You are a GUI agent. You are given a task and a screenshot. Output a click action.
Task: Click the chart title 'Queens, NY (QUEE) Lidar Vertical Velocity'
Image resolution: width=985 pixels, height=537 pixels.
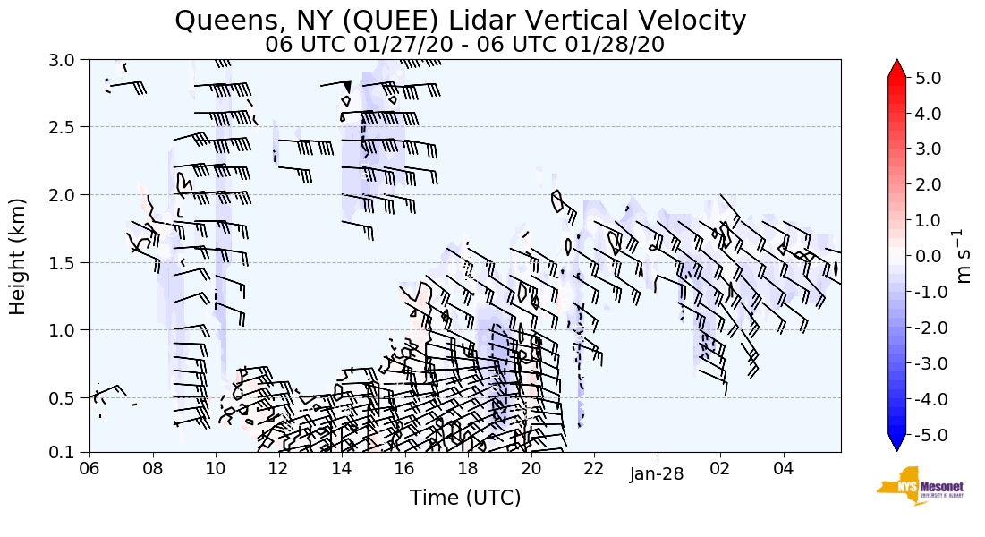pyautogui.click(x=460, y=20)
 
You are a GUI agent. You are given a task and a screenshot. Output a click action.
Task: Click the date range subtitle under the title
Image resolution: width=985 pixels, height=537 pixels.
pyautogui.click(x=464, y=44)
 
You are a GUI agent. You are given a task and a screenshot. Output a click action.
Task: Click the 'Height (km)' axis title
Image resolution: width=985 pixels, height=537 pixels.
pyautogui.click(x=19, y=256)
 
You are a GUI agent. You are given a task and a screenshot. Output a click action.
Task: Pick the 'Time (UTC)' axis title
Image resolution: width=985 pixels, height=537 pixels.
pyautogui.click(x=464, y=498)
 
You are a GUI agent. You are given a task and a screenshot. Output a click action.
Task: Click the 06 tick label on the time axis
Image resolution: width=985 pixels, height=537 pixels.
pyautogui.click(x=89, y=468)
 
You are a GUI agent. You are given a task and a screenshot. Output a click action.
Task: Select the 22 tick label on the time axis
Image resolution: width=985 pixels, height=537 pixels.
pyautogui.click(x=594, y=468)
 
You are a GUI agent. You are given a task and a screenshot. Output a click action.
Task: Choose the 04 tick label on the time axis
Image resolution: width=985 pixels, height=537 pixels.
pyautogui.click(x=784, y=468)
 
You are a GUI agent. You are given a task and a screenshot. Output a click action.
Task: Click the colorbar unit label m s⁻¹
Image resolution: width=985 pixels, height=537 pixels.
pyautogui.click(x=964, y=256)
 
